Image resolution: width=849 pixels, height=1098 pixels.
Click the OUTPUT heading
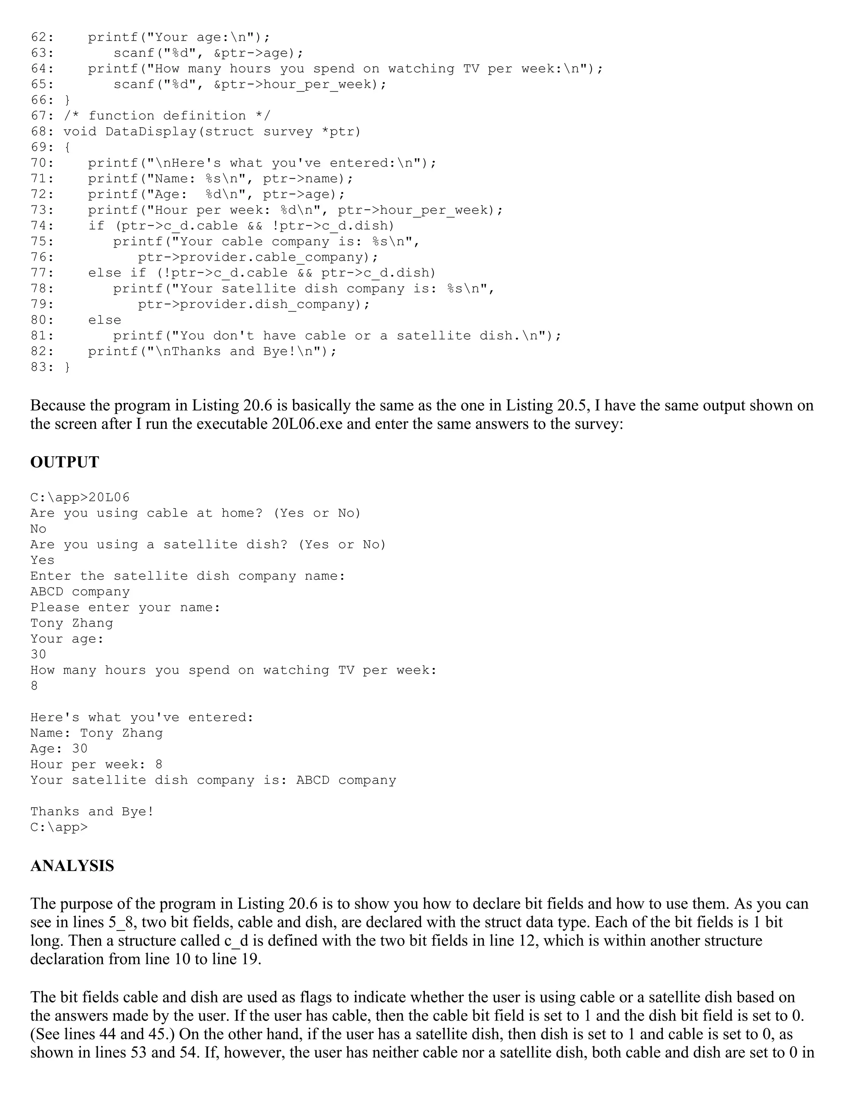[x=64, y=462]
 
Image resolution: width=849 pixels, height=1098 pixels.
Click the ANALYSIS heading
[x=72, y=866]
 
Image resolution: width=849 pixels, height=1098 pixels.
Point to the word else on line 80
[x=104, y=320]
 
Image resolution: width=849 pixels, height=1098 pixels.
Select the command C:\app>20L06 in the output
[x=80, y=498]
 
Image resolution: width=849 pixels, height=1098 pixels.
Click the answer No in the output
[x=38, y=529]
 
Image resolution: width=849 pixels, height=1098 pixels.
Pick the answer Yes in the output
[x=42, y=560]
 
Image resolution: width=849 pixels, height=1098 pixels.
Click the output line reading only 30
[x=38, y=655]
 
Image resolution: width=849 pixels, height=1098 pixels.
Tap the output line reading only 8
[x=34, y=686]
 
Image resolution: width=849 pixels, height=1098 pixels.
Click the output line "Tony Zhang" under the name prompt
[x=71, y=624]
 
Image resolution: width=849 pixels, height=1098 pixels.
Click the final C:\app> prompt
[x=59, y=827]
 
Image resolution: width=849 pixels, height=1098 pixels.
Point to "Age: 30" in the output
[x=59, y=749]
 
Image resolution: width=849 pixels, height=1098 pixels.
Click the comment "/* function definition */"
[x=167, y=116]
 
